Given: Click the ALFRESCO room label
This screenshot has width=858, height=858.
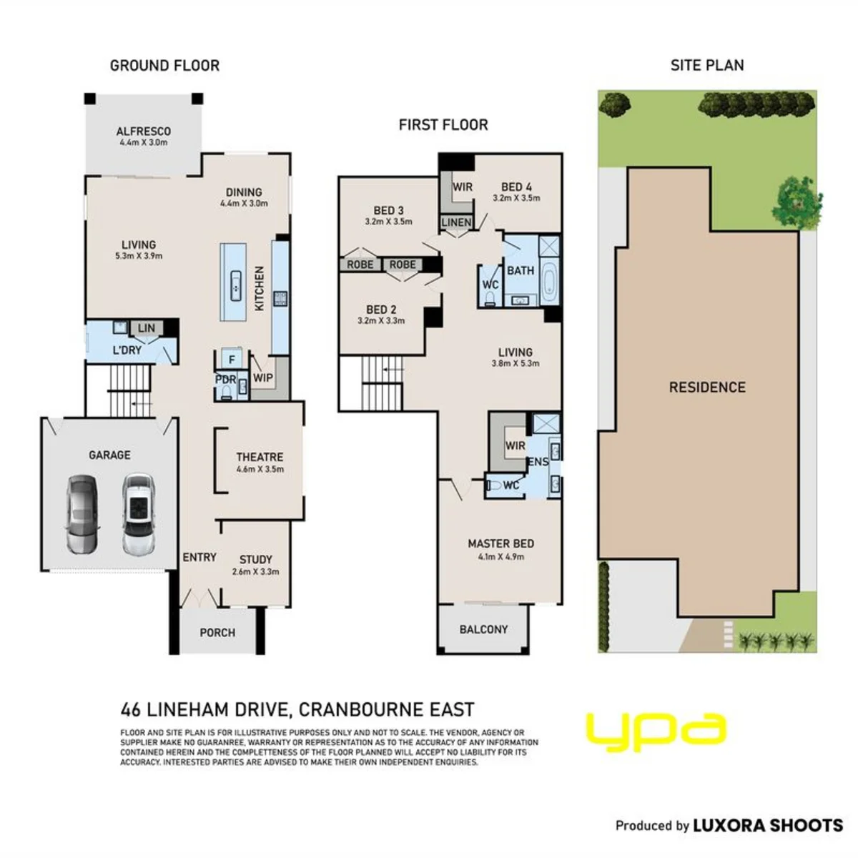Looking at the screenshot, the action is pyautogui.click(x=144, y=132).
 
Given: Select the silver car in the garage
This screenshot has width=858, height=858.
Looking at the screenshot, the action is pyautogui.click(x=82, y=515).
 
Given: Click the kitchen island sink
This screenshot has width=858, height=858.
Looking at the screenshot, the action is pyautogui.click(x=235, y=285).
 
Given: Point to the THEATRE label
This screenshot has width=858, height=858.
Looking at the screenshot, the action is pyautogui.click(x=260, y=458).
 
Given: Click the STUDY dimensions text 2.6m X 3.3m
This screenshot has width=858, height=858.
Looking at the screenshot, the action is pyautogui.click(x=255, y=572).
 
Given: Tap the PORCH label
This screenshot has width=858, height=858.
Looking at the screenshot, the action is pyautogui.click(x=217, y=633).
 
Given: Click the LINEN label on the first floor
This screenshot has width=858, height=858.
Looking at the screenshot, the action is pyautogui.click(x=456, y=222).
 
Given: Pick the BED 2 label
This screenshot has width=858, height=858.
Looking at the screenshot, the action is pyautogui.click(x=381, y=310).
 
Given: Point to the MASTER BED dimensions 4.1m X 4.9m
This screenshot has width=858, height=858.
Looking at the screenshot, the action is pyautogui.click(x=501, y=556).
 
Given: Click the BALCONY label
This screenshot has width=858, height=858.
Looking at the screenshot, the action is pyautogui.click(x=483, y=629).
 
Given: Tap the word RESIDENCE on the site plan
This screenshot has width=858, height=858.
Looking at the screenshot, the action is pyautogui.click(x=707, y=388).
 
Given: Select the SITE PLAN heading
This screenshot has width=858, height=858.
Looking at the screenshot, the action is pyautogui.click(x=707, y=66).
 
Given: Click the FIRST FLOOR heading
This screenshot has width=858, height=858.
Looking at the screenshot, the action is pyautogui.click(x=443, y=125).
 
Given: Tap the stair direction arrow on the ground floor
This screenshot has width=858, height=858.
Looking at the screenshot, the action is pyautogui.click(x=142, y=404).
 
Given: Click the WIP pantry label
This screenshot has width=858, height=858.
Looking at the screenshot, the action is pyautogui.click(x=262, y=378).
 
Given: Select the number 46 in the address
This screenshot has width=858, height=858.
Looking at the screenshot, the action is pyautogui.click(x=130, y=710).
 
